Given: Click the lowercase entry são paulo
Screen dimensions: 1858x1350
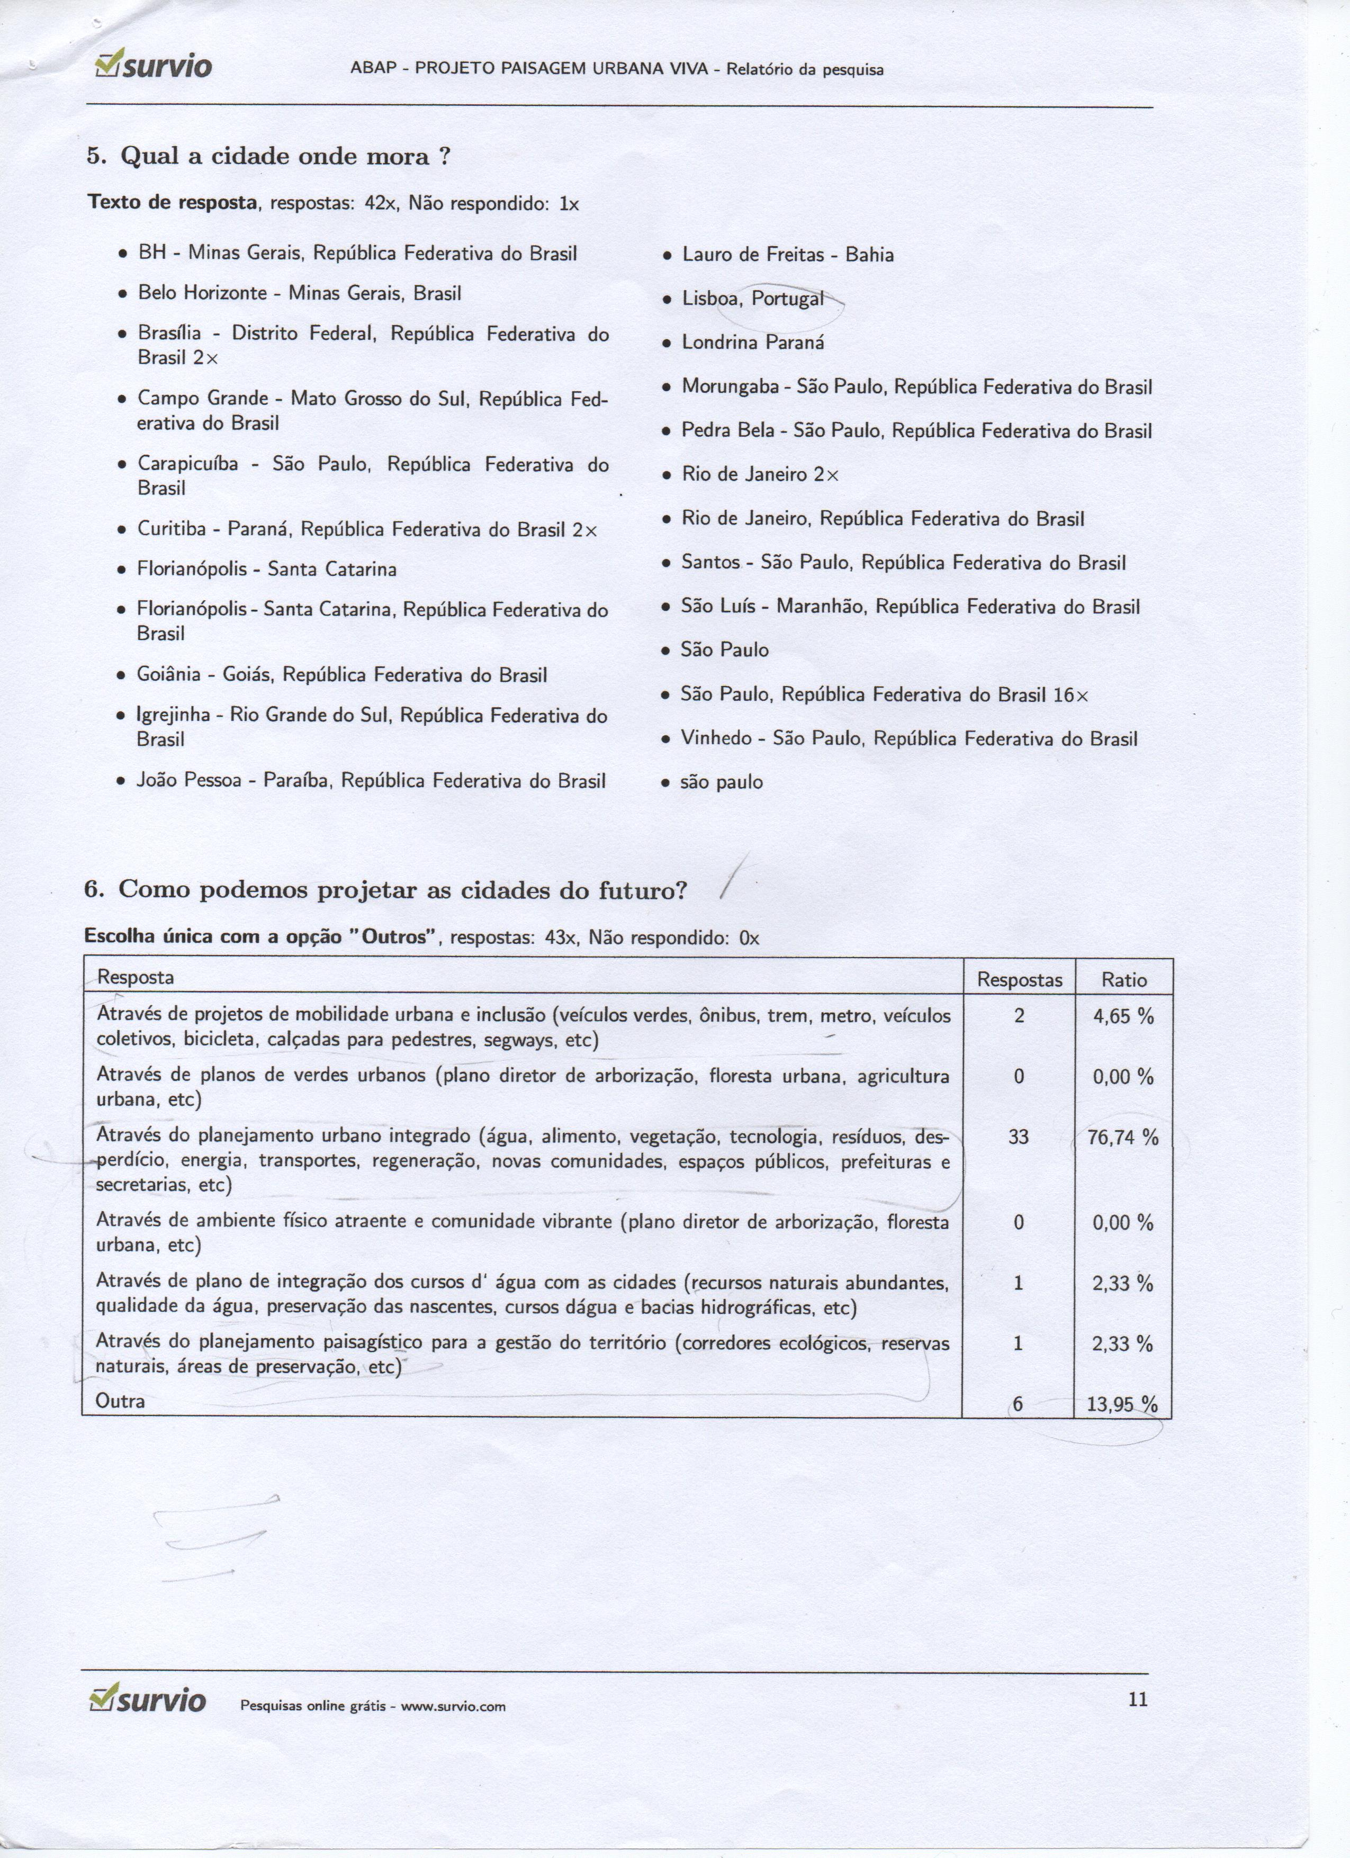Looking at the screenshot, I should (721, 782).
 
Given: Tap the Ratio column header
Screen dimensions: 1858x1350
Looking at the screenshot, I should (1124, 980).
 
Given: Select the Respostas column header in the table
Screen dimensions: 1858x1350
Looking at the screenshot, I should (1020, 980).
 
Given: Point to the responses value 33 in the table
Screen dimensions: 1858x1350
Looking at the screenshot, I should (1018, 1137).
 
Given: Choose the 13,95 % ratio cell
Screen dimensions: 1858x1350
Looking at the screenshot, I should (1121, 1404).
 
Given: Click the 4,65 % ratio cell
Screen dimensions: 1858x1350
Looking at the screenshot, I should (1123, 1017).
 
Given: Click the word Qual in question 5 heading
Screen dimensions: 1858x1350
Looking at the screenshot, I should (150, 157).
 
